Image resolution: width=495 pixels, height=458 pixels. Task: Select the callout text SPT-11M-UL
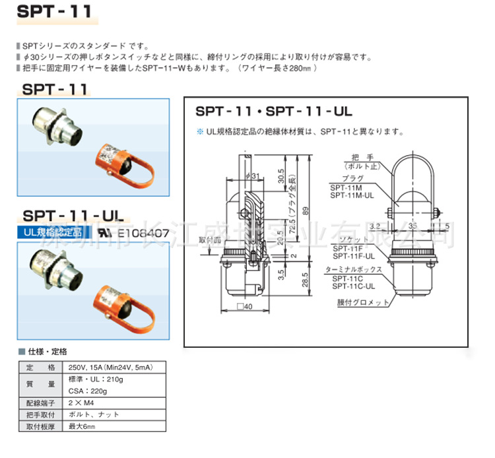pyautogui.click(x=352, y=195)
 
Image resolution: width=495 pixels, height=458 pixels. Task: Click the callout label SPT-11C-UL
pyautogui.click(x=353, y=286)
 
